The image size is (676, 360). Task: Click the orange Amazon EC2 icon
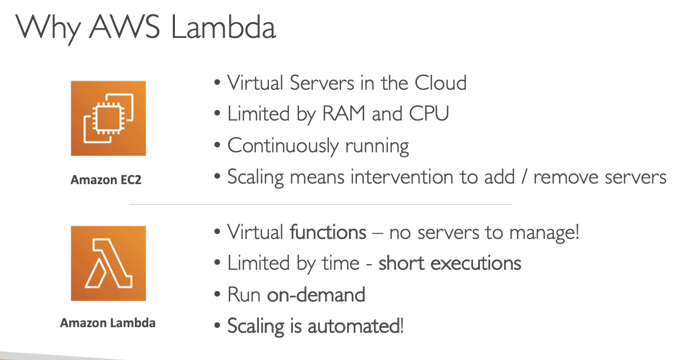pos(108,118)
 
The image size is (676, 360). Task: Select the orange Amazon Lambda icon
pos(108,263)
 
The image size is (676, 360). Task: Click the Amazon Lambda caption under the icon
pos(108,323)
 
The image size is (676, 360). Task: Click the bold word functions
pos(328,232)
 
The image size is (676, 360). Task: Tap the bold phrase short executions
pos(450,263)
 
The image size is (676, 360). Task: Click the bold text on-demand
pos(316,295)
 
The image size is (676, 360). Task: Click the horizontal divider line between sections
pos(320,205)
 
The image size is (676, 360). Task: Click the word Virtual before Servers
pos(255,83)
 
